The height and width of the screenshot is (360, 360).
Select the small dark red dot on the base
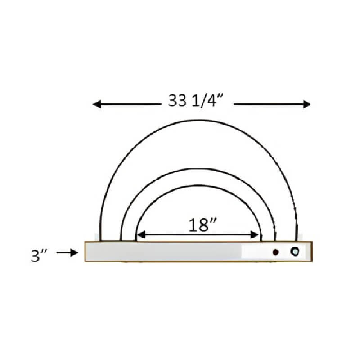(x=275, y=252)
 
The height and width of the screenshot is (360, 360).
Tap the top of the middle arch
(x=198, y=169)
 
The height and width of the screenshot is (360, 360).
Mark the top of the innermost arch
(x=198, y=185)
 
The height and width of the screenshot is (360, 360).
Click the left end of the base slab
(x=86, y=252)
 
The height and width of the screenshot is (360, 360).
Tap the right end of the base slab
(x=310, y=252)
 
